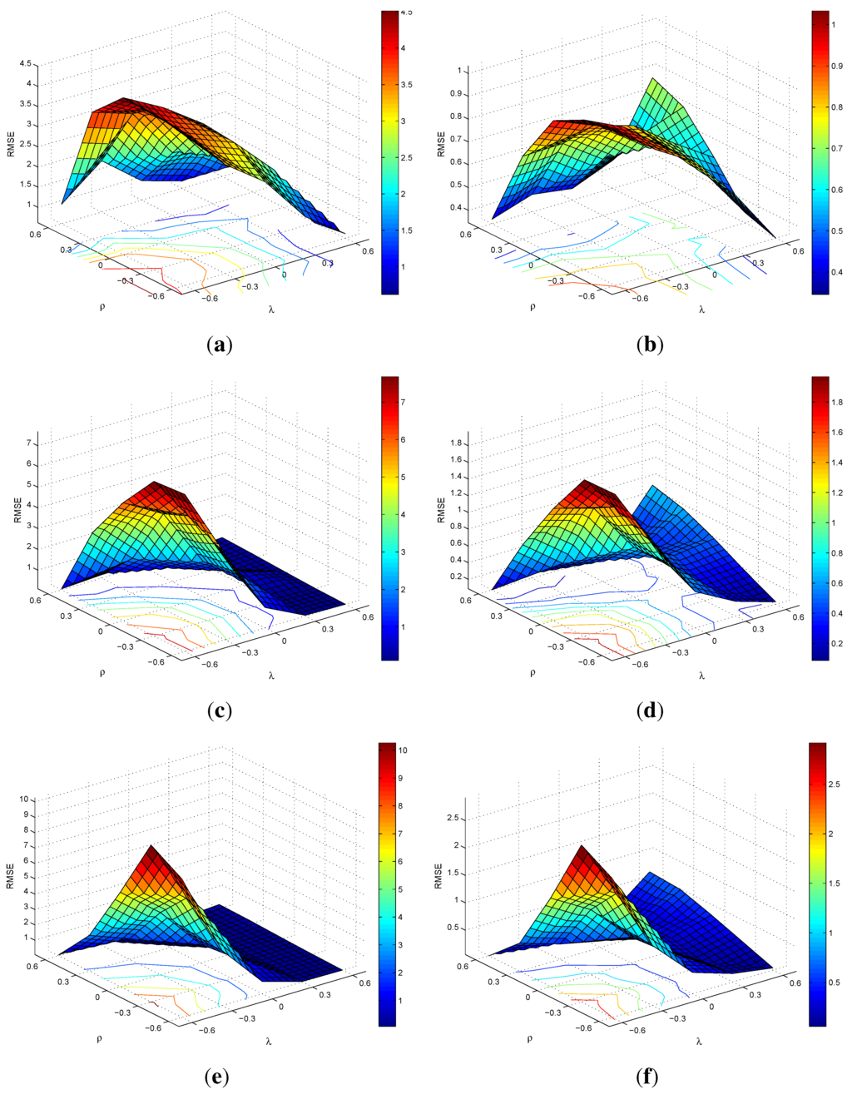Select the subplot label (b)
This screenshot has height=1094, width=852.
tap(649, 344)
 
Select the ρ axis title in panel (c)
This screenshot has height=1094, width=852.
tap(102, 672)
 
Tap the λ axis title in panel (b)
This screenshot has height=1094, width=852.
tap(701, 309)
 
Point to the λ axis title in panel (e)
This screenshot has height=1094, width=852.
tap(268, 1040)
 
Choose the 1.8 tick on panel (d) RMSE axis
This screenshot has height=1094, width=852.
tap(455, 444)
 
